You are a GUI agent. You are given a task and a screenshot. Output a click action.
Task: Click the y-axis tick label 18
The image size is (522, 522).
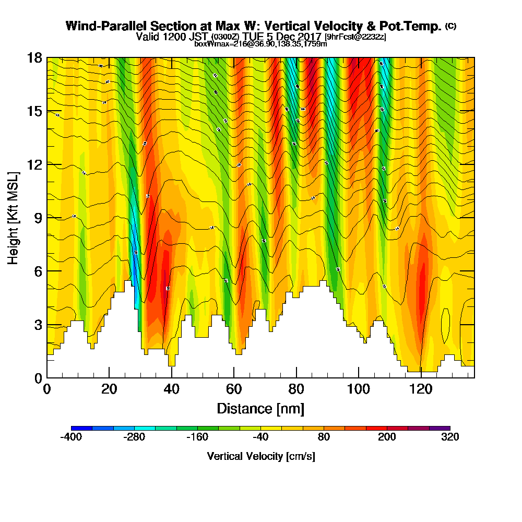34,58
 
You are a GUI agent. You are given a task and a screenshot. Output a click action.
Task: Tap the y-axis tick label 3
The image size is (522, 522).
38,325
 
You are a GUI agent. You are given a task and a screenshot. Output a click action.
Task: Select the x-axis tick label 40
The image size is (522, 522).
171,389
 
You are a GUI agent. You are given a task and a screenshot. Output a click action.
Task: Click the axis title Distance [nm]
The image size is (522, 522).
260,408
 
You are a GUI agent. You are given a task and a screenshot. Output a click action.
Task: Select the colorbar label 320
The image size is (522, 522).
449,437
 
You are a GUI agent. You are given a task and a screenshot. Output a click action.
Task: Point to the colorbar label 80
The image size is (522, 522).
324,437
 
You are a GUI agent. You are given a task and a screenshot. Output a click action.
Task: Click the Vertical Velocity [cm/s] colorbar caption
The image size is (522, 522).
260,456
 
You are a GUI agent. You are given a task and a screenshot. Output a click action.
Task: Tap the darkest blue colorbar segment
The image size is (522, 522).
81,428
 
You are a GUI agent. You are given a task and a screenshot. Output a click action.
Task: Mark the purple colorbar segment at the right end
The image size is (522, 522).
440,428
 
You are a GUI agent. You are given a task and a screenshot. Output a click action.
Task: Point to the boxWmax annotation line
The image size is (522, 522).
260,44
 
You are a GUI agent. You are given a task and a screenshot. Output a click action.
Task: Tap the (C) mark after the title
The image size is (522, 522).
450,26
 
